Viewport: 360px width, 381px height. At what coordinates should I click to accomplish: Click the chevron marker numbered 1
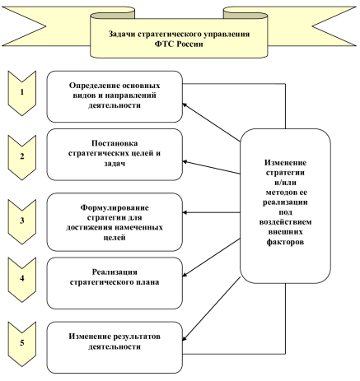[x=22, y=93]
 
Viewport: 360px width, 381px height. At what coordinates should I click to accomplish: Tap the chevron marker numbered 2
[x=22, y=157]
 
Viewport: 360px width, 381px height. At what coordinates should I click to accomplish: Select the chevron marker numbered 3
[x=22, y=221]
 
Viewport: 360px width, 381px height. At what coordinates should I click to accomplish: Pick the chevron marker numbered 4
[x=22, y=280]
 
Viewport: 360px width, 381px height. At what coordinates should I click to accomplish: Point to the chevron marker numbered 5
[x=22, y=344]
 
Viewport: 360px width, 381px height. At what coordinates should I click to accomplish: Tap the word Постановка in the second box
[x=115, y=143]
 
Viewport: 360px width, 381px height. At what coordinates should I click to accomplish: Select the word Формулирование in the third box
[x=115, y=208]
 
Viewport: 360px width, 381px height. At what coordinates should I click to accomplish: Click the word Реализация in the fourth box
[x=115, y=272]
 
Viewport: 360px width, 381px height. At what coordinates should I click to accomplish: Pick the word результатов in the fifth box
[x=137, y=337]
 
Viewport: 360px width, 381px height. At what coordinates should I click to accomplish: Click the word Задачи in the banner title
[x=122, y=34]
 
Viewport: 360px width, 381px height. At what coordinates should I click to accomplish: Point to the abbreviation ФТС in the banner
[x=164, y=44]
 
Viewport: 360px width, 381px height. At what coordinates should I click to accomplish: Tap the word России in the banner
[x=189, y=44]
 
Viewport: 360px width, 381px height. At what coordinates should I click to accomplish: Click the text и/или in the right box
[x=285, y=183]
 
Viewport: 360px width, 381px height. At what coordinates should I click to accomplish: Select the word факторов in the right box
[x=285, y=242]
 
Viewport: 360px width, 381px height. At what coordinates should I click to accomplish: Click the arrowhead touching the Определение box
[x=185, y=105]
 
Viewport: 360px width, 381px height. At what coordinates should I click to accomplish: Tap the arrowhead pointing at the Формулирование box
[x=185, y=212]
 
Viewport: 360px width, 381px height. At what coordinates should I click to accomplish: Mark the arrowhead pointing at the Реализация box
[x=185, y=274]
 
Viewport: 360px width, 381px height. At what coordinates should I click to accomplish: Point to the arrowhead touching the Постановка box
[x=185, y=162]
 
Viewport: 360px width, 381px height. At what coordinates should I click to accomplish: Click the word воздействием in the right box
[x=285, y=222]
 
